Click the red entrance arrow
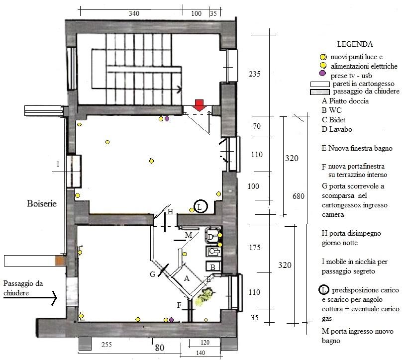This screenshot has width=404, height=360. [199, 105]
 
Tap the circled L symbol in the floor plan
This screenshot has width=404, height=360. [201, 206]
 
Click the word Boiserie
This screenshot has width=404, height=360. [42, 203]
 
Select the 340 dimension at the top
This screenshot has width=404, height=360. [134, 13]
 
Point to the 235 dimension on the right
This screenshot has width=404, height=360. [255, 74]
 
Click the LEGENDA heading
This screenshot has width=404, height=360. [355, 44]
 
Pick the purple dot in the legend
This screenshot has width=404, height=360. [322, 74]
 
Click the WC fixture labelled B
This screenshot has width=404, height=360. [213, 266]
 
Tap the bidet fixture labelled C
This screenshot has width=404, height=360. [213, 251]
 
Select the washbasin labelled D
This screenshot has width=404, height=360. [213, 236]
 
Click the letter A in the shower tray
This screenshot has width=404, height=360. [187, 278]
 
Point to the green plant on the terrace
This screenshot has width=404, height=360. [204, 297]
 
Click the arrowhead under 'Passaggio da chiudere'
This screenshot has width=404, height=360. [54, 298]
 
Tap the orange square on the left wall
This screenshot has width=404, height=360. [60, 260]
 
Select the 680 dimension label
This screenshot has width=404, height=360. [299, 196]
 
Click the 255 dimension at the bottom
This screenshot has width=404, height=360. [106, 345]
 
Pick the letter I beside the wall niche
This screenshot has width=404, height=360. [58, 164]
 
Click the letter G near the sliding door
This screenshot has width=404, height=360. [153, 274]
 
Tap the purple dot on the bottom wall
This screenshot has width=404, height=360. [171, 320]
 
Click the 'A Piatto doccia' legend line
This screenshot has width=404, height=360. [345, 101]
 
